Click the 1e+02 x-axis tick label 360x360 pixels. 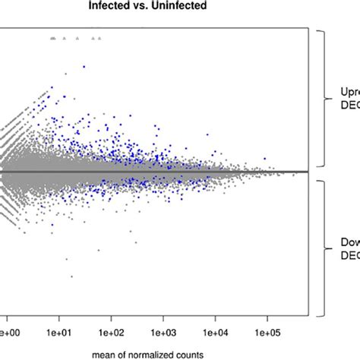[x=111, y=332]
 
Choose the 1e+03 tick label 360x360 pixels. [x=163, y=332]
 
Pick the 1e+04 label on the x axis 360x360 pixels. [x=215, y=332]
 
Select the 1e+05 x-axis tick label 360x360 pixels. [x=267, y=332]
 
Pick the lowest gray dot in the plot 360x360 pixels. [x=71, y=276]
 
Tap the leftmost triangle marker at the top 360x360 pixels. [x=50, y=36]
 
